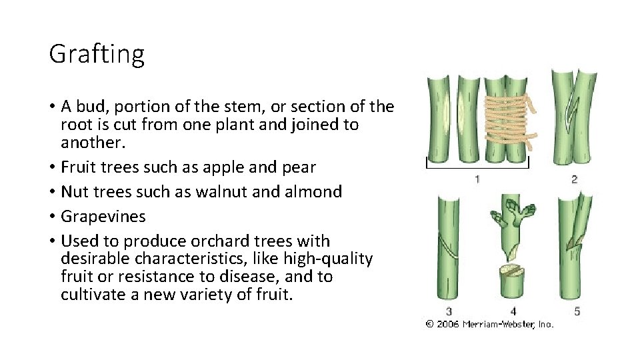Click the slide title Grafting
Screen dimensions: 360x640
tap(97, 55)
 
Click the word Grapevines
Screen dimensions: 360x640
tap(103, 217)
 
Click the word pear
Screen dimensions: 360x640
tap(300, 167)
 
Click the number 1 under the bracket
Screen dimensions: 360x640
tap(477, 179)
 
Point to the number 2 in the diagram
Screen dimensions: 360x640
tap(574, 179)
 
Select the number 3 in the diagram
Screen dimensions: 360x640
tap(449, 311)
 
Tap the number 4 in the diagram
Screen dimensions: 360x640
tap(513, 311)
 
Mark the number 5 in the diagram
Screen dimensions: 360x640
tap(577, 311)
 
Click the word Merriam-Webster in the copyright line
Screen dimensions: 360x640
tap(499, 324)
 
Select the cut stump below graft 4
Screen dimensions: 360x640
tap(513, 283)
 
